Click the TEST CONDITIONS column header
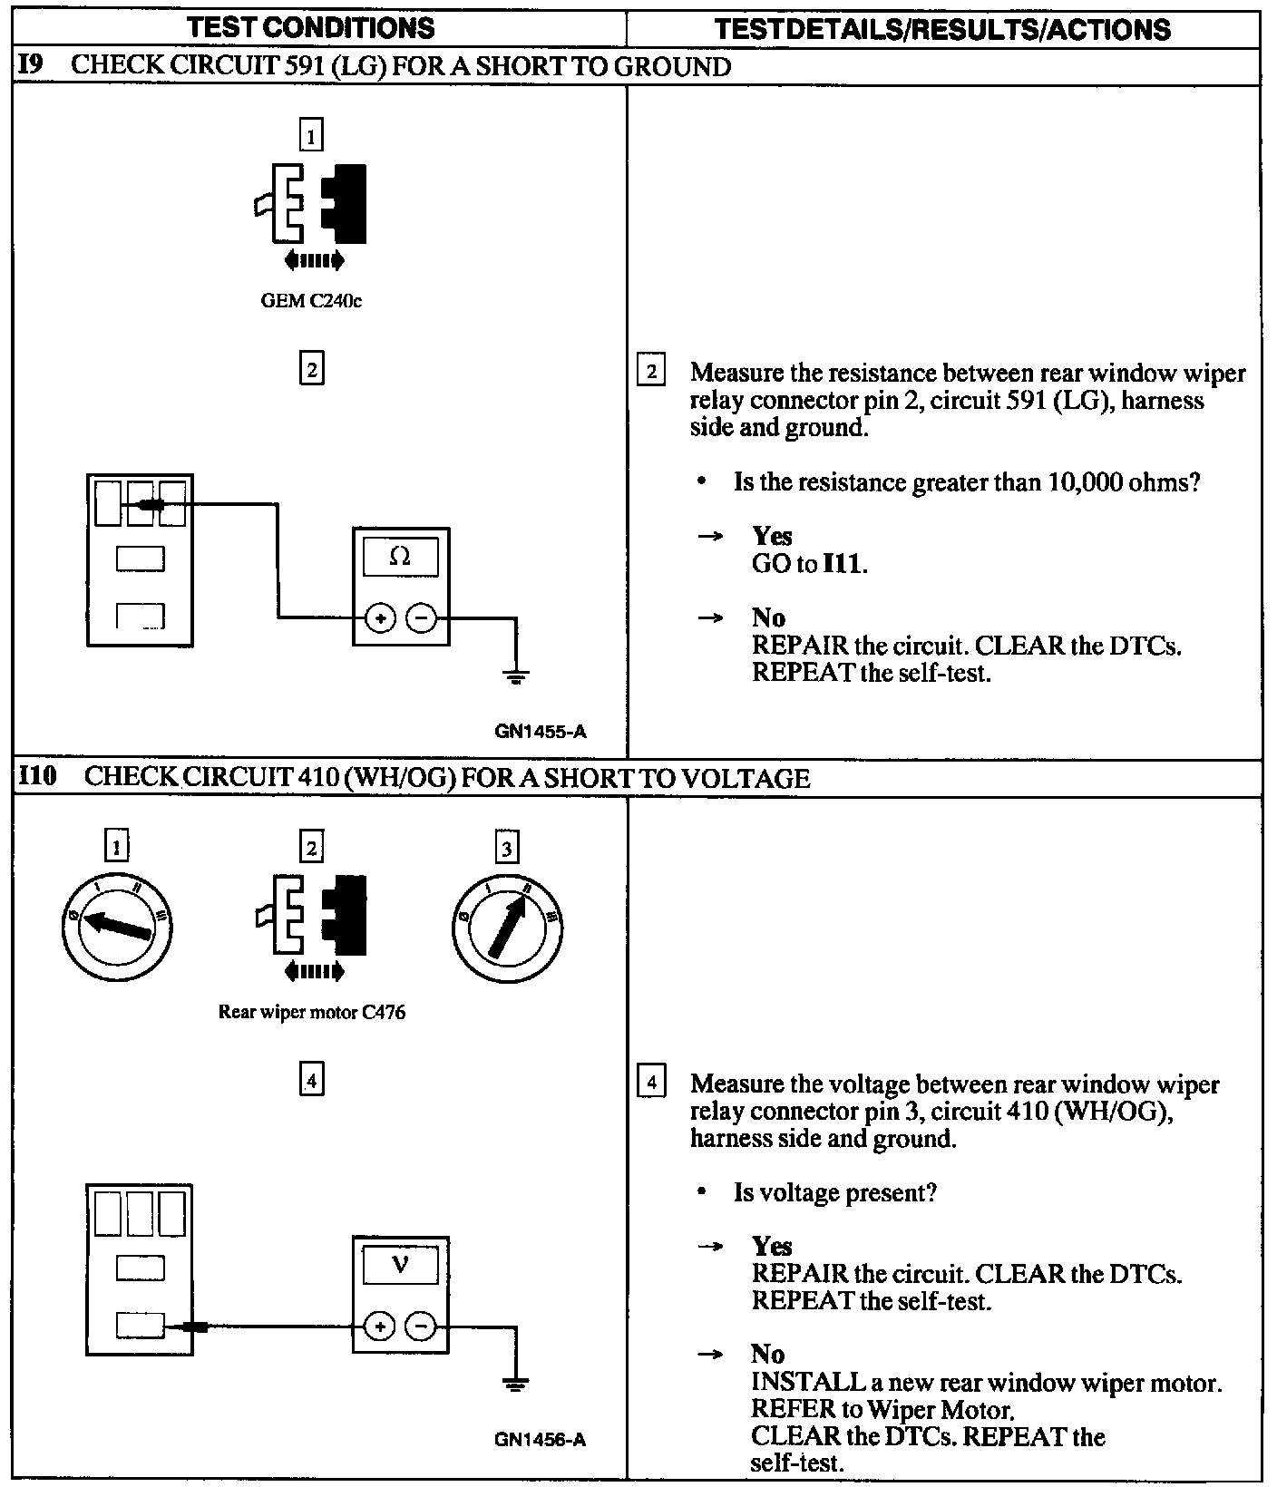[x=311, y=28]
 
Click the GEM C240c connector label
[x=311, y=301]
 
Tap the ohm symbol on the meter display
[x=400, y=557]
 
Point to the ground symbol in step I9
[x=516, y=675]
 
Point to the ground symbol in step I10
[x=516, y=1385]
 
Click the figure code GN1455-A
[x=541, y=731]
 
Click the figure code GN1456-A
[x=541, y=1440]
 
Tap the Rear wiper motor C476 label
[x=311, y=1012]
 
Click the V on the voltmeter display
[x=400, y=1265]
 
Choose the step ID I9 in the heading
[x=31, y=65]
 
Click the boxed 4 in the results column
[x=651, y=1083]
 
